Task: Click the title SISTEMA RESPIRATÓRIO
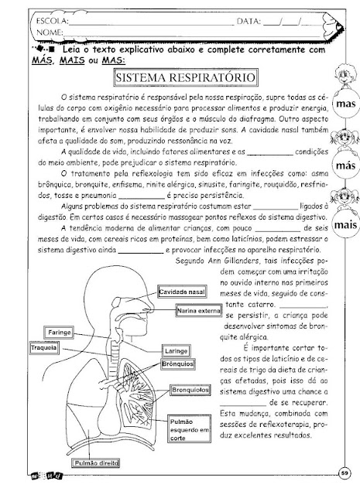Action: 186,77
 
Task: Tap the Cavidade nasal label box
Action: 182,292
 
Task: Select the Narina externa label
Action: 199,311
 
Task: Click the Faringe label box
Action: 59,333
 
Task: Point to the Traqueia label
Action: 44,348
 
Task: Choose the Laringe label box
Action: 176,350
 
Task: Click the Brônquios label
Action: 177,364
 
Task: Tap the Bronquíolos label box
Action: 190,390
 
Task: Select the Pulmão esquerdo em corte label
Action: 189,428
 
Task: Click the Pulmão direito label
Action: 96,463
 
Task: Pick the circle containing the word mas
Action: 346,104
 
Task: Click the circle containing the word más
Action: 346,166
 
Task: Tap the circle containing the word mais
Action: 346,225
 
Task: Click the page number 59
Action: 345,473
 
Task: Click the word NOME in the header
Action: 50,32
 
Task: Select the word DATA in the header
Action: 249,22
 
